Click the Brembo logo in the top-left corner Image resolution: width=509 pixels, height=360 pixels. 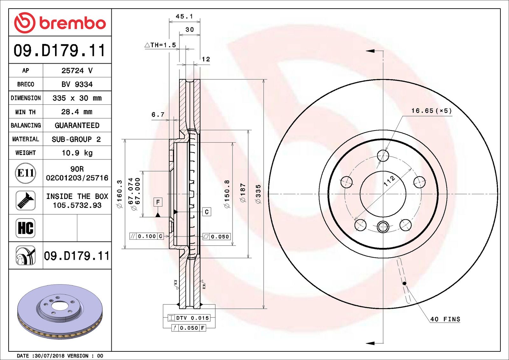point(60,23)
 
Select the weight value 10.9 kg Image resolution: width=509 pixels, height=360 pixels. point(77,153)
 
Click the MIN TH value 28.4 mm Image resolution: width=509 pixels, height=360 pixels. point(77,112)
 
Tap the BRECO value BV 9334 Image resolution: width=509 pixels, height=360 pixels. point(77,84)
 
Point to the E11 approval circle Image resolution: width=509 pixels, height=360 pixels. point(25,173)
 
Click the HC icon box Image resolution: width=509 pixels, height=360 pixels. point(25,228)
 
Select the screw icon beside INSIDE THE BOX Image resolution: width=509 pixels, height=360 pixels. point(25,201)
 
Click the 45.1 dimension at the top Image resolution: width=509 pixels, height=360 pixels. point(185,16)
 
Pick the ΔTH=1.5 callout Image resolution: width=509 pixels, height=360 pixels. point(160,45)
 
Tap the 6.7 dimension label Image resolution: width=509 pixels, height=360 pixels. point(158,115)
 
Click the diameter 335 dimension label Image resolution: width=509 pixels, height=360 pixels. point(258,194)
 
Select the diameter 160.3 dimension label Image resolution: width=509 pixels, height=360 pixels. point(120,194)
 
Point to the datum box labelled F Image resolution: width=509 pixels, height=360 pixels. point(158,202)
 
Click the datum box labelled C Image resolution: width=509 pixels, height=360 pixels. point(207,212)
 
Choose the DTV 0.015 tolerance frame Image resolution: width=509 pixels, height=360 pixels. point(189,318)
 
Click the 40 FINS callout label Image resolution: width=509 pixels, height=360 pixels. point(445,319)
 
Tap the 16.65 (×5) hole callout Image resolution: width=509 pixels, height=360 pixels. point(431,111)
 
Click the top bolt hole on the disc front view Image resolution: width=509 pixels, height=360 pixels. point(383,156)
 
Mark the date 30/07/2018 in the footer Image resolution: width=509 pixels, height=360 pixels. point(49,356)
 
